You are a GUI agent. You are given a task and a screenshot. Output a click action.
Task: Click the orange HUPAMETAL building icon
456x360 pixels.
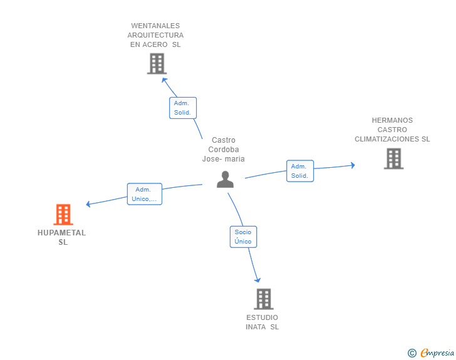coord(63,215)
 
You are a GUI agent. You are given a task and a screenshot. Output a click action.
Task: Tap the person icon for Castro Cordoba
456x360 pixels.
coord(225,179)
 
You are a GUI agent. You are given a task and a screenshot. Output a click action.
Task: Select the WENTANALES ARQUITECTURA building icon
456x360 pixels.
coord(156,63)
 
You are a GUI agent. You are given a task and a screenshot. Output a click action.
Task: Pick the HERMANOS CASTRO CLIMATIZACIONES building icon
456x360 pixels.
coord(393,158)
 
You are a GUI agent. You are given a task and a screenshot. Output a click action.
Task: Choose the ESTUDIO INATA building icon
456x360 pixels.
coord(264,299)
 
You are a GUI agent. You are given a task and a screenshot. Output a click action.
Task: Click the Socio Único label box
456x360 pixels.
coord(243,237)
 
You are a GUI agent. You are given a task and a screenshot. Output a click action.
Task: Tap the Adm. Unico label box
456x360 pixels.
coord(145,194)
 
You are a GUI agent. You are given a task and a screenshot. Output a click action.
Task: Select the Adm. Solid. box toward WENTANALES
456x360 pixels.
coord(183,108)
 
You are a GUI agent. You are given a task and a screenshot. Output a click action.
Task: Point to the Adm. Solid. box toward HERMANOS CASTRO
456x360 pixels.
coord(300,171)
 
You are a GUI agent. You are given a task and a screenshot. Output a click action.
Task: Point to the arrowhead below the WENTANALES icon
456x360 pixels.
coord(164,80)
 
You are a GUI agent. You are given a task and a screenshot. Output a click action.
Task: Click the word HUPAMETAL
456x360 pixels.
coord(61,233)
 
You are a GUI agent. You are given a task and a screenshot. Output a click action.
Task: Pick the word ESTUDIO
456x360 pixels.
coord(262,317)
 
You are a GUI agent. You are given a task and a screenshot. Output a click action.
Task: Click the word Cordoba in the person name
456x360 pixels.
coord(224,150)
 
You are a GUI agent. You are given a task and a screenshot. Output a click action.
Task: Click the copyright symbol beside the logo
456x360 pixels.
coord(412,353)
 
